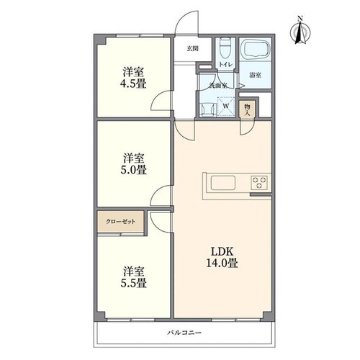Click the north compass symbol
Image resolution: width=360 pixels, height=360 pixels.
(x=300, y=31)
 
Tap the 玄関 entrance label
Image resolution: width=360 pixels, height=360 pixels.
(x=192, y=49)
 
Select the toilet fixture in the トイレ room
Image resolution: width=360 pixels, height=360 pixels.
(x=225, y=48)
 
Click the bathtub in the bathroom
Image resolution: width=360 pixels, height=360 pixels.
(x=256, y=49)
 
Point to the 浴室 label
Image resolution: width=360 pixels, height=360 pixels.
(x=255, y=76)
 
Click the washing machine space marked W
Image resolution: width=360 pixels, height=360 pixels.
(x=226, y=107)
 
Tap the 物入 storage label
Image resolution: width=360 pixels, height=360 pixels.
(x=247, y=109)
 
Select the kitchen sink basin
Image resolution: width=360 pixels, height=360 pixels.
(x=223, y=183)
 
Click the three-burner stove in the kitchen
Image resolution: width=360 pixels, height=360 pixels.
(x=259, y=183)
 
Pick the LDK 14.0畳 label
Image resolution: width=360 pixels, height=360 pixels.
(x=222, y=257)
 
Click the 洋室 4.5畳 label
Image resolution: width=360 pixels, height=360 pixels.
(x=133, y=78)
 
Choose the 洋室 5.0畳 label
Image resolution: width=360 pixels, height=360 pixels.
(x=133, y=164)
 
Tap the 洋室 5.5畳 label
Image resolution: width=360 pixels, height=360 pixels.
(x=133, y=277)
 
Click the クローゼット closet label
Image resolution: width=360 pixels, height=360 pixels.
(x=120, y=222)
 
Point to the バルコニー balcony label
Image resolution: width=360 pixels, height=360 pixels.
(x=184, y=333)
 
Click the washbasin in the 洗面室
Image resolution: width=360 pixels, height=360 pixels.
(x=207, y=109)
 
